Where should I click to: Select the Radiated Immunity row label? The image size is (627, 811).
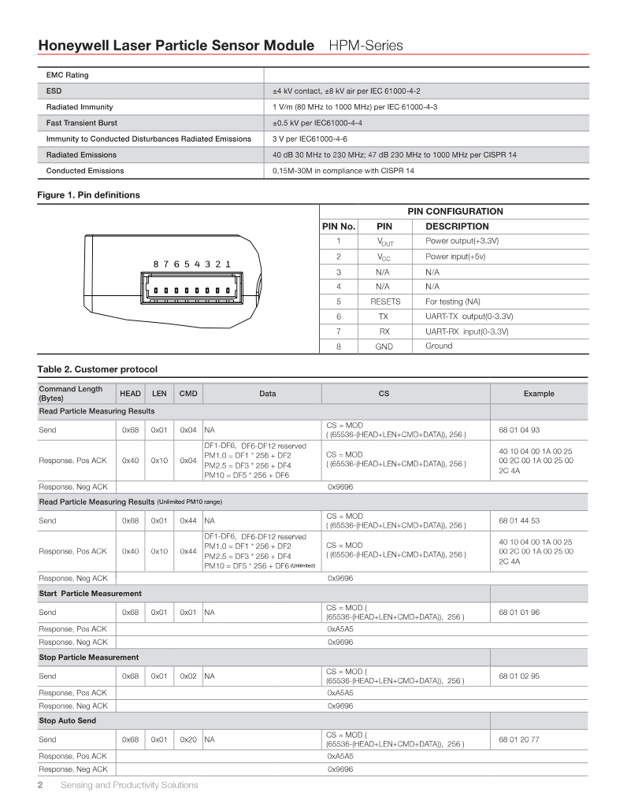tap(80, 106)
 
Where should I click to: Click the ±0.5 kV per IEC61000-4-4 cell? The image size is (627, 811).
tap(317, 123)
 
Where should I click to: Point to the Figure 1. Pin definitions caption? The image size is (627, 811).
tap(89, 194)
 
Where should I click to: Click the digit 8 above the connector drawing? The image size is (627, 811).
tap(157, 264)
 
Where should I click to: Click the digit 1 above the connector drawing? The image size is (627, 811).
tap(228, 264)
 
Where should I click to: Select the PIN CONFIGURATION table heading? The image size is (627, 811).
tap(454, 211)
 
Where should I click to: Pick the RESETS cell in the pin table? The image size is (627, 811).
tap(385, 302)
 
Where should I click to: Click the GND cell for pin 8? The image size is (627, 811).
tap(385, 346)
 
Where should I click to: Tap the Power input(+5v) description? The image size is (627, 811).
tap(455, 257)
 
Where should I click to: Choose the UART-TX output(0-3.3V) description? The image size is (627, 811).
tap(469, 316)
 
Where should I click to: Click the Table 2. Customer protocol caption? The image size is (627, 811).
tap(98, 369)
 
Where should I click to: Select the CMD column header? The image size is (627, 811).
tap(187, 394)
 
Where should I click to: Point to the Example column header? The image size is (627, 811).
tap(539, 394)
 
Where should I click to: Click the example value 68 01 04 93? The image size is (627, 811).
tap(519, 430)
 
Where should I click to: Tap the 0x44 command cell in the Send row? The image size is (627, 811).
tap(187, 520)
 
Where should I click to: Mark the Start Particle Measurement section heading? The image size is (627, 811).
tap(90, 593)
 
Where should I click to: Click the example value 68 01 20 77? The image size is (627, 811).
tap(519, 739)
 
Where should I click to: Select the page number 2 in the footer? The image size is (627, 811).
tap(41, 785)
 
